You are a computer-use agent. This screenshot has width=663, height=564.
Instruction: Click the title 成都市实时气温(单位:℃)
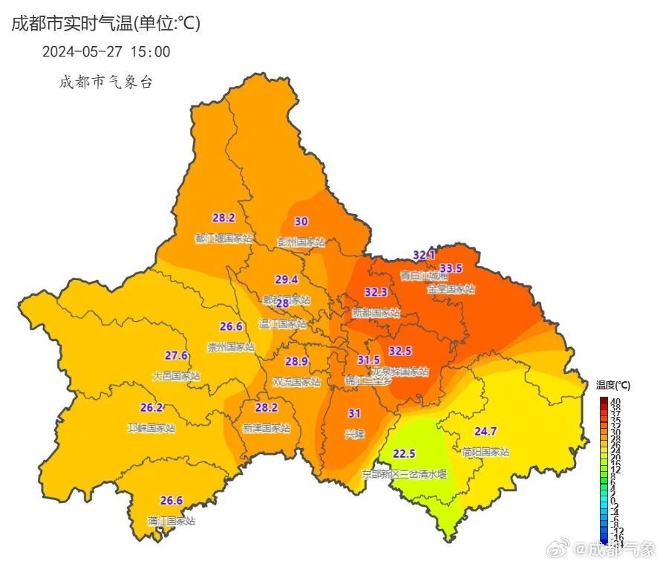point(105,24)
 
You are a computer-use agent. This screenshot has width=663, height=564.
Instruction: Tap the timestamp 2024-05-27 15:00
point(106,52)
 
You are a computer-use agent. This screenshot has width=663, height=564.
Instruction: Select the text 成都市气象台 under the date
point(106,82)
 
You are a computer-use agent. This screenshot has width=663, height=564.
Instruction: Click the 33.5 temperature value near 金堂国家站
point(451,268)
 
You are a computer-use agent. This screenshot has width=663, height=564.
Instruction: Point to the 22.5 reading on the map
point(404,454)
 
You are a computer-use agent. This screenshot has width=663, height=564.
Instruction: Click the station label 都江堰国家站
point(223,239)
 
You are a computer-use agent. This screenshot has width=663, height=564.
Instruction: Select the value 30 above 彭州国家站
point(301,221)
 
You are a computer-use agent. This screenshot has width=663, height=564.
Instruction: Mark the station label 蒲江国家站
point(171,521)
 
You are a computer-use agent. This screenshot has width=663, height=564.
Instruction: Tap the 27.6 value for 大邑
point(176,355)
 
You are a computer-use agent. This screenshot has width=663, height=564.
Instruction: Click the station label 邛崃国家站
point(151,428)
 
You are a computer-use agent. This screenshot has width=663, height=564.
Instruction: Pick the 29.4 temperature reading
point(286,280)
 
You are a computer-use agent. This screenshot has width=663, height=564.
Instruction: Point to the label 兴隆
point(355,434)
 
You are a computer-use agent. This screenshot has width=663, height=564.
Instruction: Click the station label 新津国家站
point(266,428)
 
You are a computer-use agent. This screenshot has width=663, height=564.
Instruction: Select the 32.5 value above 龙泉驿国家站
point(400,351)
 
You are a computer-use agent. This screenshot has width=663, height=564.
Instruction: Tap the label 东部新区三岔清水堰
point(404,473)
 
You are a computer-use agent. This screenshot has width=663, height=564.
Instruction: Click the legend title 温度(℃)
point(613,385)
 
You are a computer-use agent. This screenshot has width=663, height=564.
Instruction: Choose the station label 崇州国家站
point(230,346)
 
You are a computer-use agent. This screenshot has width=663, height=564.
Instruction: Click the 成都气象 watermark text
point(621,549)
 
